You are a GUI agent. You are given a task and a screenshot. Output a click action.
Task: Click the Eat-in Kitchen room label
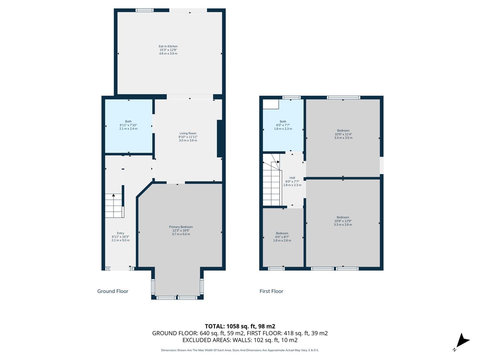[x=168, y=50]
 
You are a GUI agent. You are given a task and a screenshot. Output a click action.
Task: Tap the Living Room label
[x=188, y=137]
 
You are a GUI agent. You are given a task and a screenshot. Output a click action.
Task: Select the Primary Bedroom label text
[x=181, y=230]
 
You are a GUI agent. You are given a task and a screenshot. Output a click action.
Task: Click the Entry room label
[x=120, y=237]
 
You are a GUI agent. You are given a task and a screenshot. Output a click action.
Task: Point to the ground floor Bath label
[x=128, y=125]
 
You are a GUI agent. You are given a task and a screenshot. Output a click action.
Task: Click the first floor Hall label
[x=292, y=181]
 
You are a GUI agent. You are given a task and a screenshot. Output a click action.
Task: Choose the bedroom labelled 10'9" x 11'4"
[x=343, y=134]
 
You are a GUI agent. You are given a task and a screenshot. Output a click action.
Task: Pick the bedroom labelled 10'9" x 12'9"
[x=343, y=221]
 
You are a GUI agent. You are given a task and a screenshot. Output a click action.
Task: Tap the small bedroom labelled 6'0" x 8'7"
[x=282, y=237]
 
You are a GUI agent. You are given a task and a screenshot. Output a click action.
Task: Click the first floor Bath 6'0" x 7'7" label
[x=283, y=125]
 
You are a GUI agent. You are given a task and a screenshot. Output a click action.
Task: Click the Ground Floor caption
[x=113, y=291]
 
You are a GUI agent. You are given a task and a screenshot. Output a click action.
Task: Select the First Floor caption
[x=271, y=291]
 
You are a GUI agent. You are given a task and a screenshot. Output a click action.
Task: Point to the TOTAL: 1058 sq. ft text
[x=240, y=326]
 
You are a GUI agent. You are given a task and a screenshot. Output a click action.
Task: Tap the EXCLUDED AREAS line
[x=240, y=340]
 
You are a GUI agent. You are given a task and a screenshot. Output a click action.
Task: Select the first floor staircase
[x=272, y=183]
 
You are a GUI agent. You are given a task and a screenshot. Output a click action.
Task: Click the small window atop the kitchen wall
[x=144, y=10]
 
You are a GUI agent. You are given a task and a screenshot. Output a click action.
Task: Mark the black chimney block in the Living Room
[x=220, y=138]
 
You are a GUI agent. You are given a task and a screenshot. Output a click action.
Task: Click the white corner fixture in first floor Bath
[x=271, y=104]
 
